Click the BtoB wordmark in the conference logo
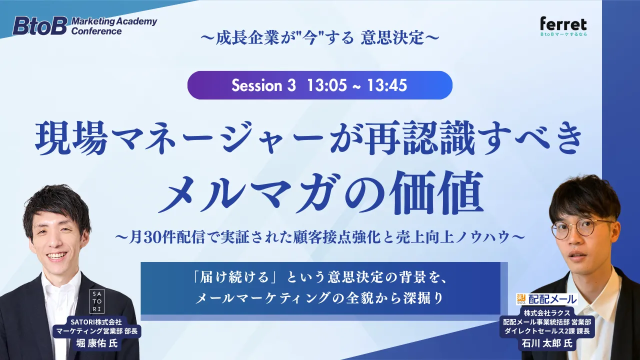(x=39, y=26)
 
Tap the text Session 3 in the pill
(x=263, y=85)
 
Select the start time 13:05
(x=327, y=85)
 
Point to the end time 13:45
(x=387, y=85)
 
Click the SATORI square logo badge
(x=97, y=301)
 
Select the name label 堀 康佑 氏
(x=97, y=343)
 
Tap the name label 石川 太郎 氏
(x=547, y=343)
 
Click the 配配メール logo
(x=546, y=299)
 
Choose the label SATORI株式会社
(x=96, y=322)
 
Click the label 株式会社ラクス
(x=547, y=312)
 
